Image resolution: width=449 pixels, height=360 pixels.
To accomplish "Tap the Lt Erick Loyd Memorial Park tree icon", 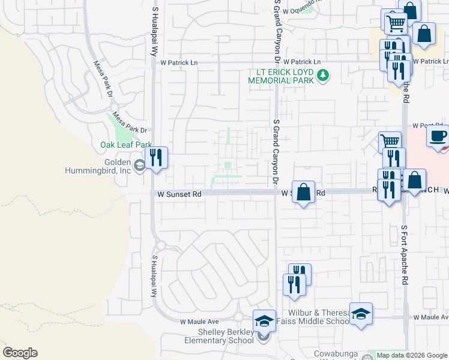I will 324,75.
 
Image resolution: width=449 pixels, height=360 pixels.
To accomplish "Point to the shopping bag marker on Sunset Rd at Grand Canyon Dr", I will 304,193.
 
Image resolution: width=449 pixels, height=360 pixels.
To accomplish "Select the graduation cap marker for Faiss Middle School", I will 361,314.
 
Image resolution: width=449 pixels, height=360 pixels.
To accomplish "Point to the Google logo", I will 20,353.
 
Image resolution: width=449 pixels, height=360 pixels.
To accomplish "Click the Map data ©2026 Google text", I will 412,355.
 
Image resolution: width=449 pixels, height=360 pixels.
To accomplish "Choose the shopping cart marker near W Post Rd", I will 390,142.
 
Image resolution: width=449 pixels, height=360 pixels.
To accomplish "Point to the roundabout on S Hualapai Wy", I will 159,245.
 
